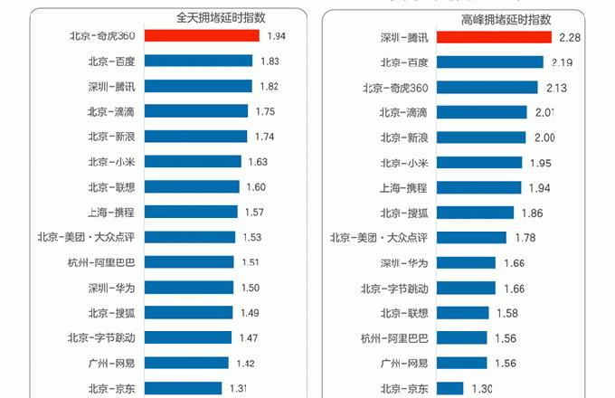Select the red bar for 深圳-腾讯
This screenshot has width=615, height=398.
(x=494, y=37)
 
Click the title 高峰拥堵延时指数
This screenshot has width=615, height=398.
(x=506, y=19)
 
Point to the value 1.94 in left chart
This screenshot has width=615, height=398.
(x=277, y=35)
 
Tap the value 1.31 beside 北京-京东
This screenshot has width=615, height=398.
(x=240, y=388)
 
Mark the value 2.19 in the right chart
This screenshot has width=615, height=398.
(x=562, y=62)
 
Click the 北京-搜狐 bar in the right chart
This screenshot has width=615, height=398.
(x=475, y=213)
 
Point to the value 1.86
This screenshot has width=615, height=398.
(x=534, y=213)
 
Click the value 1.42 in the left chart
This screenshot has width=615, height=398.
(x=246, y=363)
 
